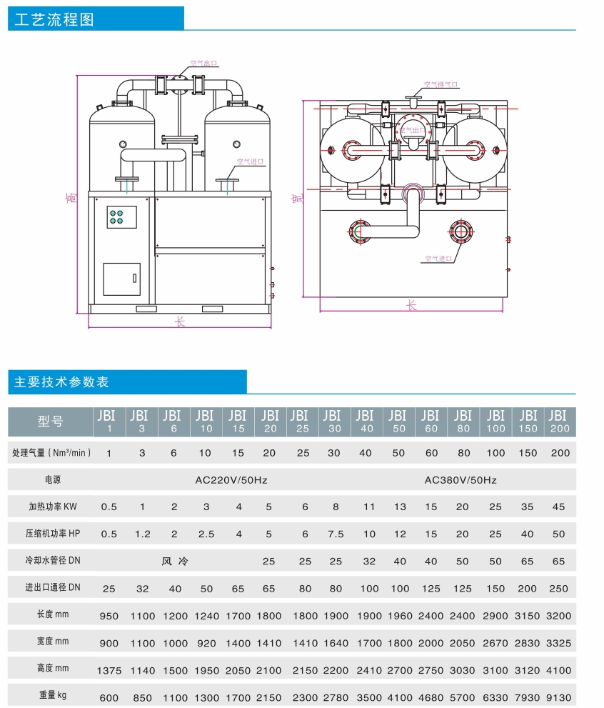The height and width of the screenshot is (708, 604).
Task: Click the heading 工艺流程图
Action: coord(54,19)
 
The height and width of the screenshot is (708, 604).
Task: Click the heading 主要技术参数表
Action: coord(62,382)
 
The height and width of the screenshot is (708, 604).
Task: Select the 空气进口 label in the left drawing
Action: coord(250,162)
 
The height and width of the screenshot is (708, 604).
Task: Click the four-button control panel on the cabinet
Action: coord(121,217)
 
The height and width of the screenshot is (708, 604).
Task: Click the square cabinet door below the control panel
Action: coord(121,279)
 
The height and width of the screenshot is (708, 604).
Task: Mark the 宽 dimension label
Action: coord(297,198)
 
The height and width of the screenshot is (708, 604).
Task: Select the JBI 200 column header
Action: coord(560,422)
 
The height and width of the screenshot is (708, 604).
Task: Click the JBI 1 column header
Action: coord(109,422)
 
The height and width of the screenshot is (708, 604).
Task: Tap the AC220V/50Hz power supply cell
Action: coord(231,480)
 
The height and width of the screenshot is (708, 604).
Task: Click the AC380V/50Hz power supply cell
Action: coord(460,480)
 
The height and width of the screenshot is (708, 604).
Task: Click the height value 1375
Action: coord(109,671)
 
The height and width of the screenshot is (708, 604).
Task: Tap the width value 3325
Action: coord(559,643)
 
